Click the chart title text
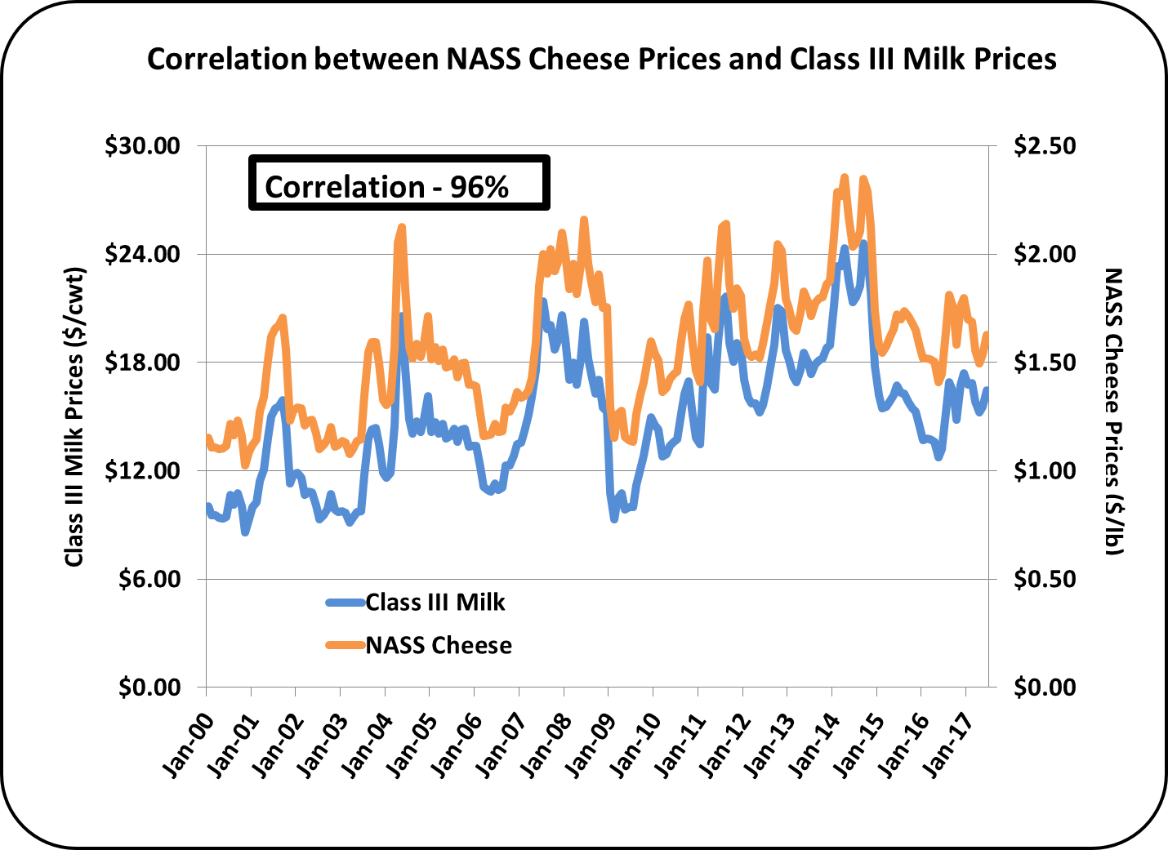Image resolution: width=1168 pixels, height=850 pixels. (x=601, y=59)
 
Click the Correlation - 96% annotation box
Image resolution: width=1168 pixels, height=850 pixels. (x=399, y=184)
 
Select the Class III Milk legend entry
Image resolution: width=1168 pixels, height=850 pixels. (x=435, y=603)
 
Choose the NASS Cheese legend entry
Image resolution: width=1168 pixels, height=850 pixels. (x=438, y=645)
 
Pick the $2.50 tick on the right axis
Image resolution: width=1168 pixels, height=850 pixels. (x=1045, y=145)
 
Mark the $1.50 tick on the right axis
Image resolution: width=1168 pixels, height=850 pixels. (x=1045, y=362)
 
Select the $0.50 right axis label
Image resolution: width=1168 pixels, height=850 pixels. (x=1045, y=579)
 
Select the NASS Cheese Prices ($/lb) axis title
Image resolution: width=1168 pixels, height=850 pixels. (x=1113, y=412)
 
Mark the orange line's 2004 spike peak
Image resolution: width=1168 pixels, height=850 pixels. (x=401, y=227)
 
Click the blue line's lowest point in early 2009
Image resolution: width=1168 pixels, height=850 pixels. (x=614, y=518)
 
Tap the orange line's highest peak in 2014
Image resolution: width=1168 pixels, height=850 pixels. (x=845, y=177)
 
